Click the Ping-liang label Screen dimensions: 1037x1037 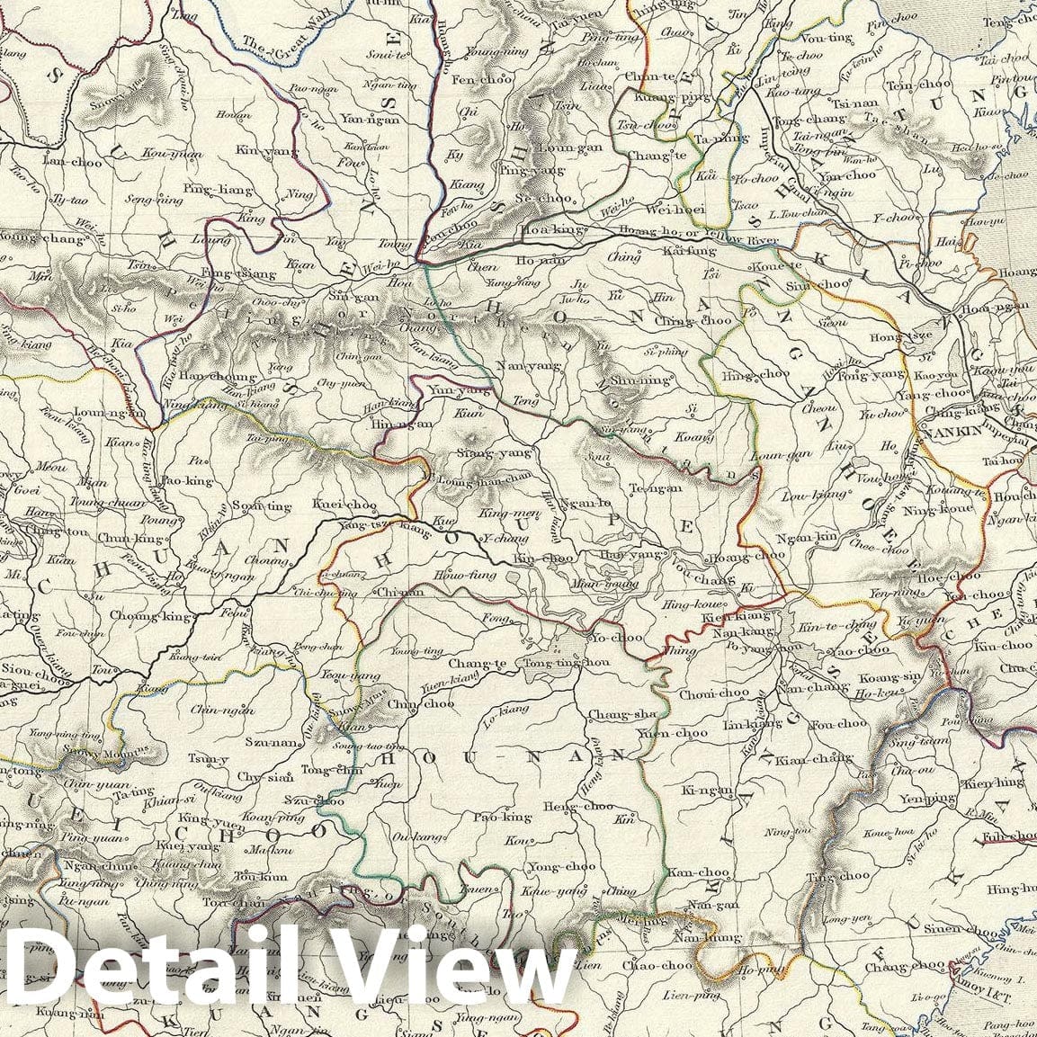click(x=210, y=188)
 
